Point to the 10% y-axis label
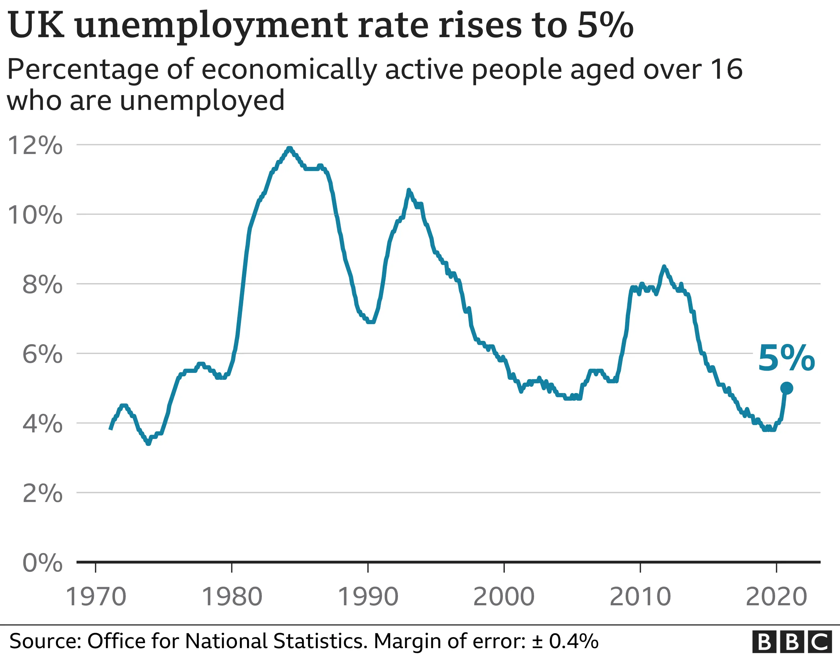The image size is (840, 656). tap(35, 215)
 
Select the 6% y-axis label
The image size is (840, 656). tap(42, 354)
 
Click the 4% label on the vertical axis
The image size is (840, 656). tap(42, 424)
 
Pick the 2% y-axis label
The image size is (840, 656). tap(42, 493)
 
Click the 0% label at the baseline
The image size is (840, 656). tap(42, 563)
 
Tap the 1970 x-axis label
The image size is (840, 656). tap(96, 597)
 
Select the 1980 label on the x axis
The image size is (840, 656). tap(232, 597)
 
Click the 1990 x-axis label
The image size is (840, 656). tap(368, 597)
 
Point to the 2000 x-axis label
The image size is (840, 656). tap(504, 597)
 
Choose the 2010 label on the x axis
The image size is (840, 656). tap(640, 597)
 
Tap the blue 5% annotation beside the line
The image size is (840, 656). tap(786, 358)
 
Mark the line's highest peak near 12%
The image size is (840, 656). tap(290, 148)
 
